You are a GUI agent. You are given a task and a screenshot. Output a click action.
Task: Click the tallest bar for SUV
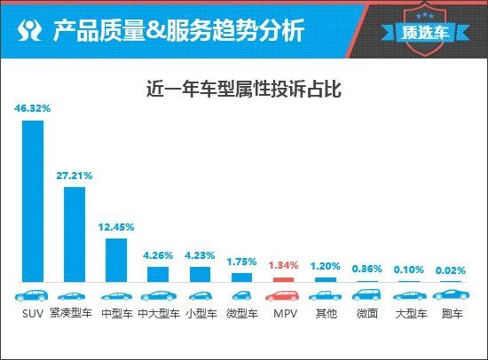point(33,200)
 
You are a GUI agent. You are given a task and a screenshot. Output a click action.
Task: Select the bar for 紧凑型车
point(75,234)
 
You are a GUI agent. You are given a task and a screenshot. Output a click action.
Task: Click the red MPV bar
point(283,279)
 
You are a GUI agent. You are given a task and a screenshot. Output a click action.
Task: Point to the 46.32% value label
point(33,108)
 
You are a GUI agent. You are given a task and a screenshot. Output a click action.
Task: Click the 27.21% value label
point(75,176)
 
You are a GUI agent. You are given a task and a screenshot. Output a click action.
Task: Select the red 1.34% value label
point(283,265)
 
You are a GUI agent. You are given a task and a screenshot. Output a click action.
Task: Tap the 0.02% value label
point(451,269)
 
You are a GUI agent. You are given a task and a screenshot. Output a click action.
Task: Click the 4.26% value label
point(158,255)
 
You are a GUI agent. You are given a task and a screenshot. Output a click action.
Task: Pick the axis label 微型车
point(241,313)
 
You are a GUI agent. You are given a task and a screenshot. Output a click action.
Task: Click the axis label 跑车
point(451,313)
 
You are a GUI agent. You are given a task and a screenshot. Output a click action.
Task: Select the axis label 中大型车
point(158,313)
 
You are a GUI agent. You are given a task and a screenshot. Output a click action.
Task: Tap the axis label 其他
point(325,313)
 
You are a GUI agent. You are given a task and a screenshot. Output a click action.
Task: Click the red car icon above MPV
point(283,295)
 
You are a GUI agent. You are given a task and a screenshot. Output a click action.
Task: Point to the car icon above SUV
point(33,295)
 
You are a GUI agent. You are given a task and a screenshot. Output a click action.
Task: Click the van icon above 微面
point(366,295)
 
